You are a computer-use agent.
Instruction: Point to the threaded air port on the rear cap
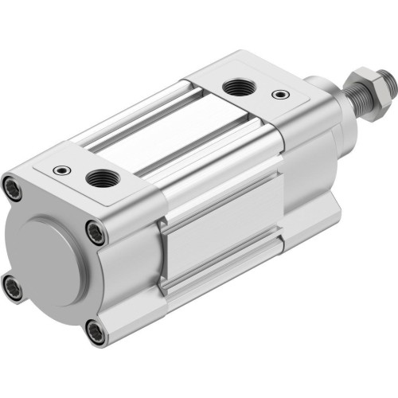(x=101, y=178)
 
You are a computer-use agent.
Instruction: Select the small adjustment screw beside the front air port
(x=276, y=95)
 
